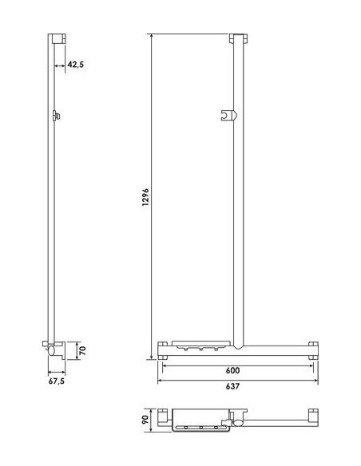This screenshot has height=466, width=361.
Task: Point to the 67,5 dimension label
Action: tap(58, 382)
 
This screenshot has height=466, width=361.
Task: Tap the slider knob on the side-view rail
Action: tap(55, 116)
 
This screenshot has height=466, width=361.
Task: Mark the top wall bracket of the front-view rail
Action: tap(237, 40)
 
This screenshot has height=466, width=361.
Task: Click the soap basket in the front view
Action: tap(199, 346)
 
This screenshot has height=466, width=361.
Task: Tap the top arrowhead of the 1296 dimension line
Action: tap(151, 37)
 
